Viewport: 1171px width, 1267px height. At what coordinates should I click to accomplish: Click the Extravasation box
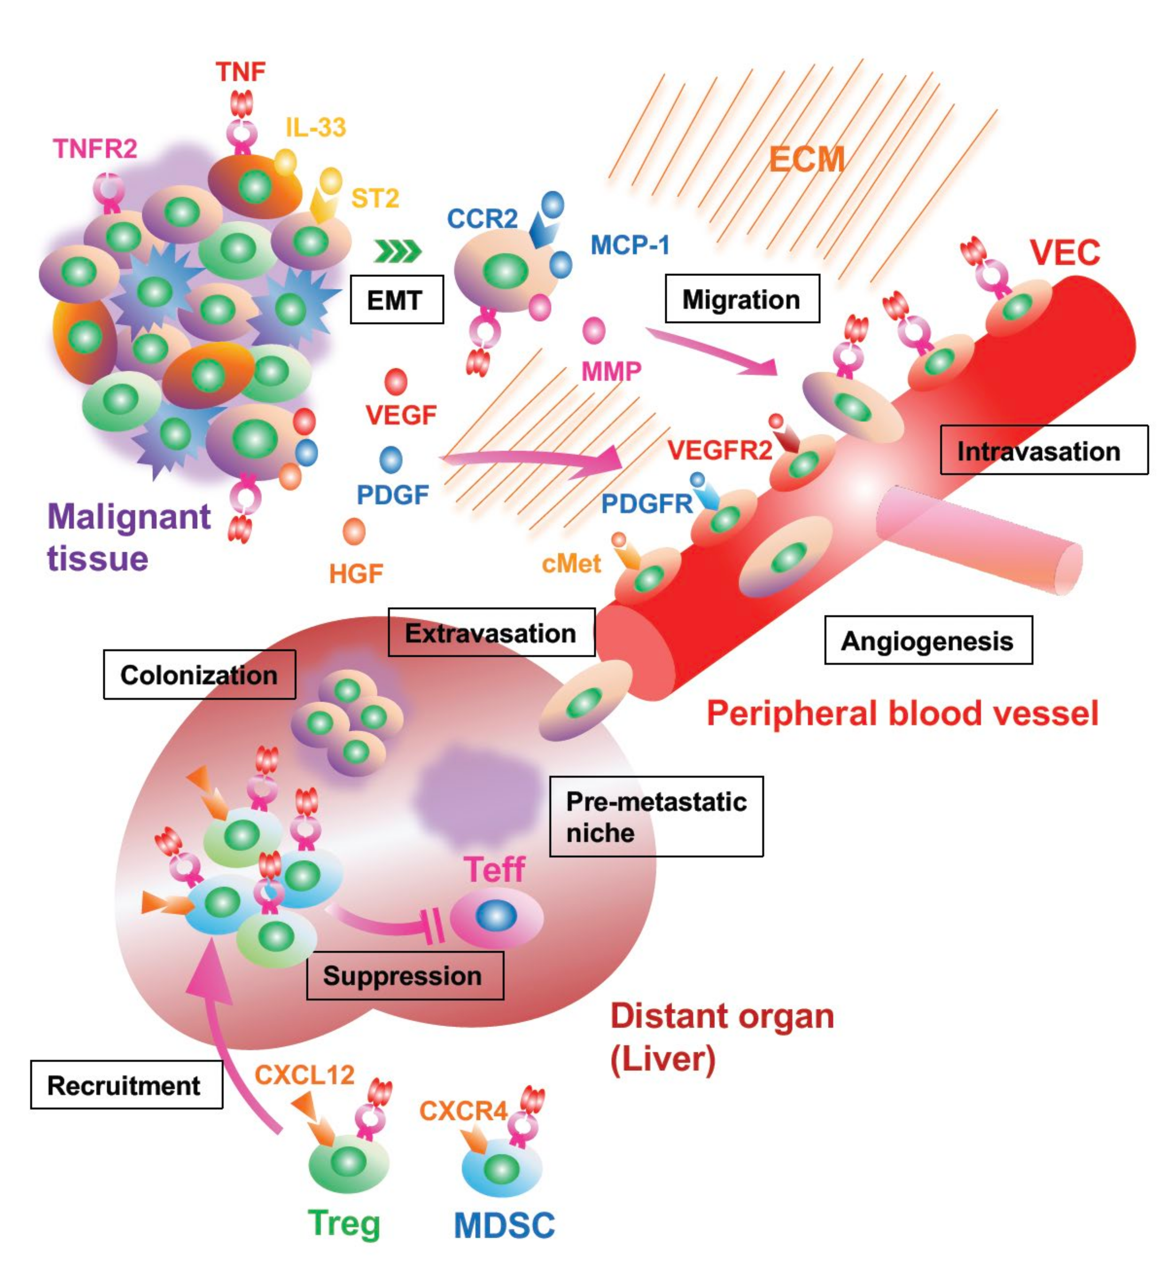click(x=491, y=633)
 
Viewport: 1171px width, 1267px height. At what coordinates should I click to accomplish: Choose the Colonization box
click(x=199, y=674)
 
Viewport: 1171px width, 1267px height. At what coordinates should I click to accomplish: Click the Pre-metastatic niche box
click(x=656, y=816)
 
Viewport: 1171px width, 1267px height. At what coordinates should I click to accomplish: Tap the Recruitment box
click(x=126, y=1085)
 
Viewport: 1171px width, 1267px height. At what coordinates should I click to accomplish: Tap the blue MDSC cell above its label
click(x=501, y=1168)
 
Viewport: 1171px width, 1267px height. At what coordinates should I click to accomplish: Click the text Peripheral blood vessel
click(x=902, y=713)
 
